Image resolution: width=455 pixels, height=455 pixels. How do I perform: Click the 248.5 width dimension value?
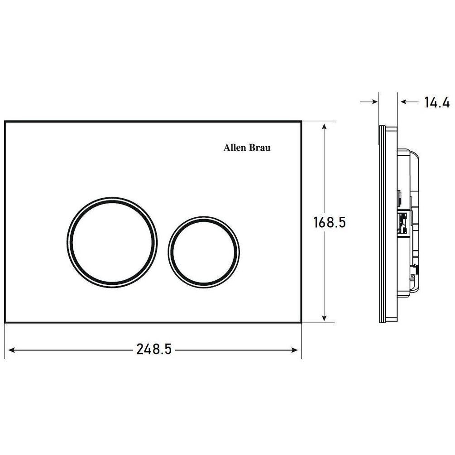(x=154, y=349)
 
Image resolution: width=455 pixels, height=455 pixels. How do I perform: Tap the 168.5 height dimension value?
(x=330, y=222)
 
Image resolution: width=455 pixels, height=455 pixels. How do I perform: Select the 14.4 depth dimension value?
(x=437, y=102)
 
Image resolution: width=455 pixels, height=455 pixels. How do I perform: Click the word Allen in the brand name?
(x=235, y=148)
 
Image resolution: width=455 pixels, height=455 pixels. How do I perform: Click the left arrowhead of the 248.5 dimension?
(x=12, y=350)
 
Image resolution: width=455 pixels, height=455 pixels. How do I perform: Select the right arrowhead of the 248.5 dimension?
(x=295, y=350)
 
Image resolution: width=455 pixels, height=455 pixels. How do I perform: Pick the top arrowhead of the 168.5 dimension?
(x=325, y=127)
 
